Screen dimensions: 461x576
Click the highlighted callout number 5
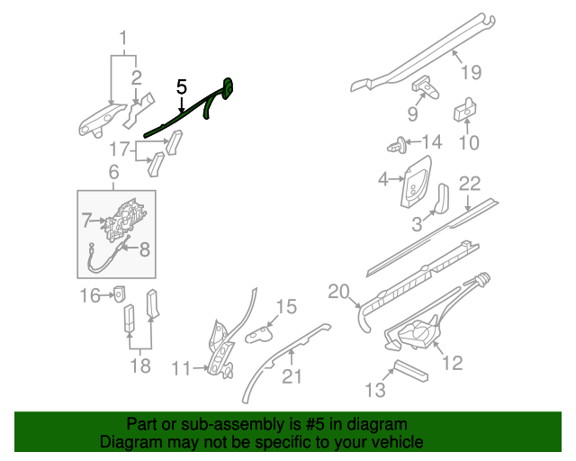(x=181, y=87)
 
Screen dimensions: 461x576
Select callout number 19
(x=472, y=73)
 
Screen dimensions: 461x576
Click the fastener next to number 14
(x=395, y=142)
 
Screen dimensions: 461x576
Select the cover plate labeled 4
(x=416, y=178)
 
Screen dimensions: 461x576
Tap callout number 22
(x=470, y=184)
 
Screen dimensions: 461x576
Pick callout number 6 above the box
(x=113, y=172)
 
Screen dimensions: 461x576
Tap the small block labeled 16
(x=119, y=294)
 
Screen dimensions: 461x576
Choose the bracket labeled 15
(x=261, y=333)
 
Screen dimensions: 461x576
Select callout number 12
(x=453, y=363)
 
